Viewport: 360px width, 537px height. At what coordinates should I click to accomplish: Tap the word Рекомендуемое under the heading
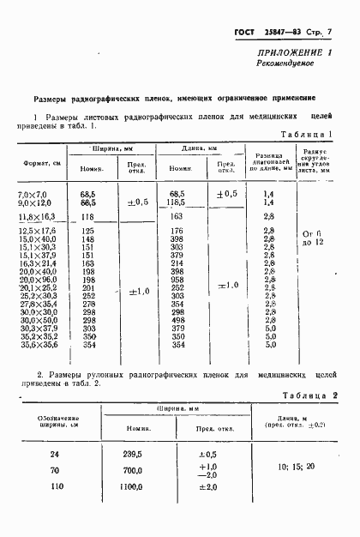pos(288,64)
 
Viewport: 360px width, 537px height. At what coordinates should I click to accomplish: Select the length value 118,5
pos(178,202)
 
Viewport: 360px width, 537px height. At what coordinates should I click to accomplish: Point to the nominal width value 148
pos(87,238)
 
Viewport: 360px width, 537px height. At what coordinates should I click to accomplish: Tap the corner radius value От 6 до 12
pos(311,238)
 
